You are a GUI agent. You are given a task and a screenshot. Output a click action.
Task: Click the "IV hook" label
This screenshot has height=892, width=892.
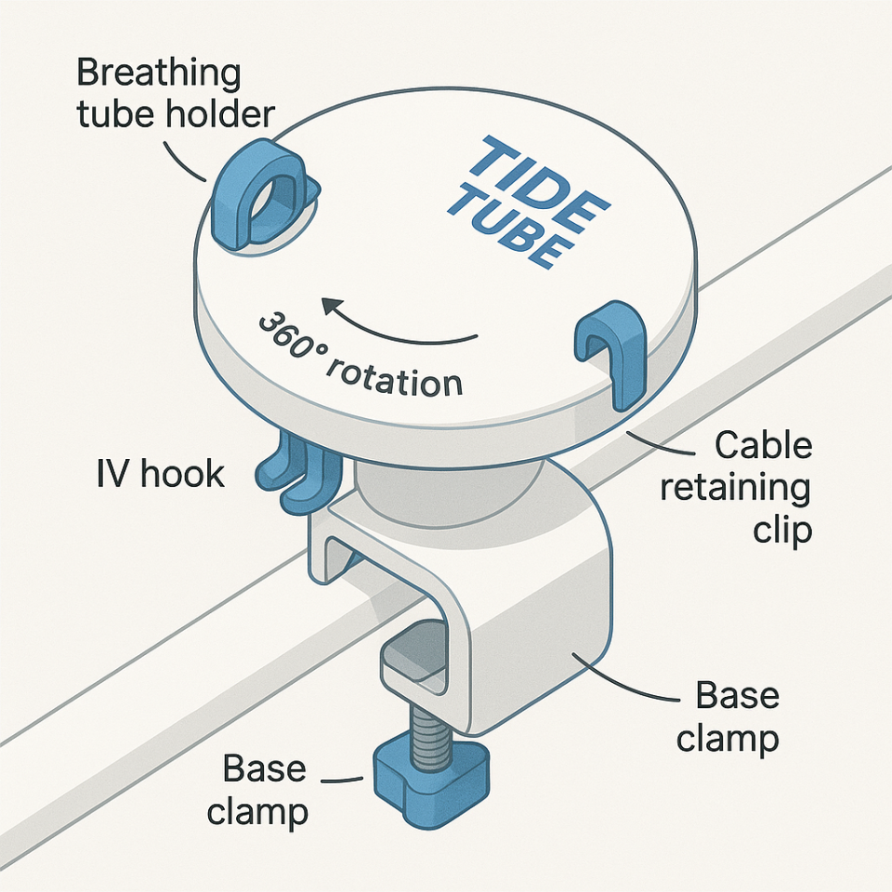pyautogui.click(x=160, y=474)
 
